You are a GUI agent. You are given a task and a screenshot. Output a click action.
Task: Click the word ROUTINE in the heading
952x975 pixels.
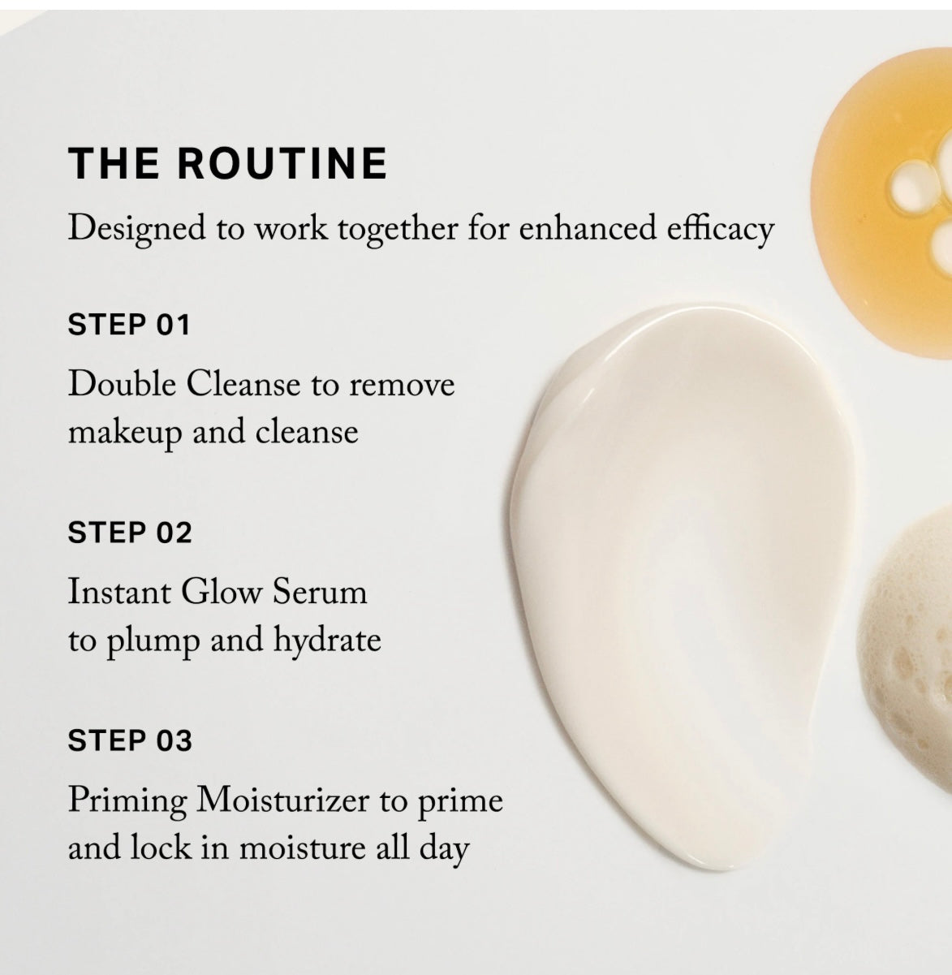click(x=282, y=163)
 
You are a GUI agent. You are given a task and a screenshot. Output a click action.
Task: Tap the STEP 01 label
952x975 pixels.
click(x=129, y=325)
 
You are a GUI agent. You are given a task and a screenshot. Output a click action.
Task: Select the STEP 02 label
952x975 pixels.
click(x=130, y=532)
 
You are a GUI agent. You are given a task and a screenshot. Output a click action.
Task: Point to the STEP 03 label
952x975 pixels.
click(x=130, y=740)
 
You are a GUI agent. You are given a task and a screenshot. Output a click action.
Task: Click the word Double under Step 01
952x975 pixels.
click(x=122, y=384)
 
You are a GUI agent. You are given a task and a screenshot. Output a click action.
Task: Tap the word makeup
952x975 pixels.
click(x=125, y=434)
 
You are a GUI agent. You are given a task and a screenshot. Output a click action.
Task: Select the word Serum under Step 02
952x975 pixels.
click(x=320, y=592)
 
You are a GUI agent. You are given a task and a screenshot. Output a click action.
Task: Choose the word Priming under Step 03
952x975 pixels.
click(x=127, y=801)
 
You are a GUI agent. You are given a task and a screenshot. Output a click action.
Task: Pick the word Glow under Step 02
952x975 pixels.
click(x=221, y=592)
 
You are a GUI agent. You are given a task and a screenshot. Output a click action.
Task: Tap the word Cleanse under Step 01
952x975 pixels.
click(x=243, y=384)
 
